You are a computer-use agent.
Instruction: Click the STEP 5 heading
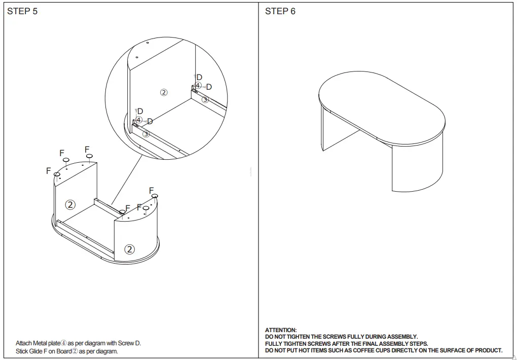(x=22, y=11)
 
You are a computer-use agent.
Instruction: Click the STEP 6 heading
(x=280, y=11)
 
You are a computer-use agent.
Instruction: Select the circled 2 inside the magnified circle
(x=164, y=92)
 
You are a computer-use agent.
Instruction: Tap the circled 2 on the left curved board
(x=70, y=205)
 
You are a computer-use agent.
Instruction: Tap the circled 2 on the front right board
(x=130, y=249)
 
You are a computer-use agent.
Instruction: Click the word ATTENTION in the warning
(x=281, y=330)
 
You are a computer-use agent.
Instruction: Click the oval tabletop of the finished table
(x=381, y=105)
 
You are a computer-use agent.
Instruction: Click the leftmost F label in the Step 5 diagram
(x=49, y=171)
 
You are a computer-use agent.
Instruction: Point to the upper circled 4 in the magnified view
(x=198, y=86)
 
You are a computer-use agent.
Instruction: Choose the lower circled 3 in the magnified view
(x=146, y=134)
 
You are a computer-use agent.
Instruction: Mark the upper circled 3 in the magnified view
(x=205, y=99)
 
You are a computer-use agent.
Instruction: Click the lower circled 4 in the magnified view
(x=139, y=120)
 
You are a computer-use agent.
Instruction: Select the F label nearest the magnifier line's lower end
(x=128, y=208)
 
